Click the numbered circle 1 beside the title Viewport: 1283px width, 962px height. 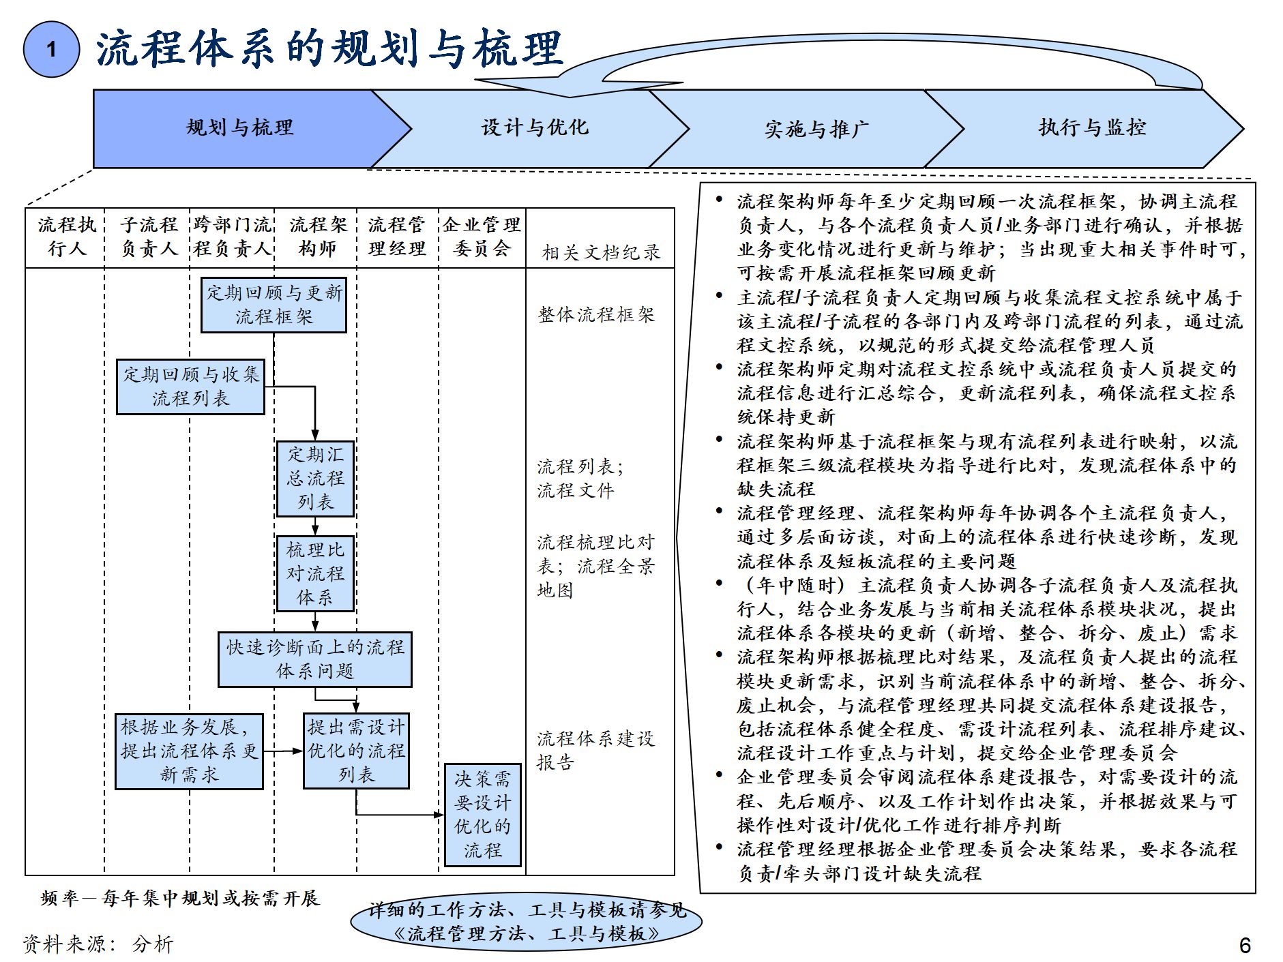point(51,49)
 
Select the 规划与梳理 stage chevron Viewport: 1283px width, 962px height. point(239,128)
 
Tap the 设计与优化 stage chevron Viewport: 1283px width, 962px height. point(534,128)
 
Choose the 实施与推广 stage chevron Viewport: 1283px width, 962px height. point(816,129)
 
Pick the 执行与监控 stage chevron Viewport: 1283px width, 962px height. point(1091,128)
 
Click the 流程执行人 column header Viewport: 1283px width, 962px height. point(66,237)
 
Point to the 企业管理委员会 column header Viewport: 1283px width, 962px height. point(481,237)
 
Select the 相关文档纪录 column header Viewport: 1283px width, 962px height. point(601,252)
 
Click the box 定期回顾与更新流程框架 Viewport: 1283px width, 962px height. point(274,305)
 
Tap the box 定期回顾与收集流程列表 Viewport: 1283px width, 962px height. point(190,387)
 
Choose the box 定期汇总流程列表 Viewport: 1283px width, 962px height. point(315,479)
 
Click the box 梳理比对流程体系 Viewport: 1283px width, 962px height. point(315,573)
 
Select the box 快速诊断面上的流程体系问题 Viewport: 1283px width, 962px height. point(314,659)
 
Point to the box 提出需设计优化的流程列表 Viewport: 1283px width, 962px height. point(356,751)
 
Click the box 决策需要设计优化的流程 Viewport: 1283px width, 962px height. point(482,815)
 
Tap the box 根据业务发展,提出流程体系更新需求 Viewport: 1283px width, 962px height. point(189,751)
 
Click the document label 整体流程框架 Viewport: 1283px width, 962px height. point(596,314)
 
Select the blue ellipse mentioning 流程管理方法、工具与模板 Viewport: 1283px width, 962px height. point(526,921)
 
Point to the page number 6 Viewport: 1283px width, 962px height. point(1244,945)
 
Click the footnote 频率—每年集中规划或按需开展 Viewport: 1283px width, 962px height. point(180,899)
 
